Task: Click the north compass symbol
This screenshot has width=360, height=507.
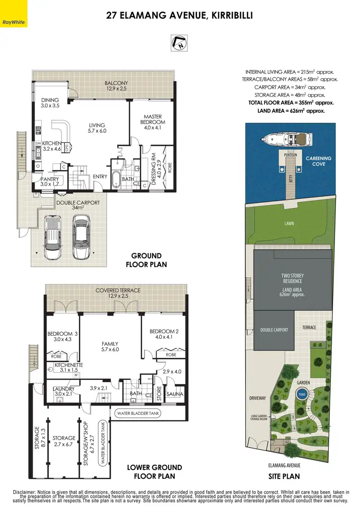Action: [180, 42]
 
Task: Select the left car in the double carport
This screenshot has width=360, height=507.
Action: [53, 238]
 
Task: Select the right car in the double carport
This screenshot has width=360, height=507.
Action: [81, 236]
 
